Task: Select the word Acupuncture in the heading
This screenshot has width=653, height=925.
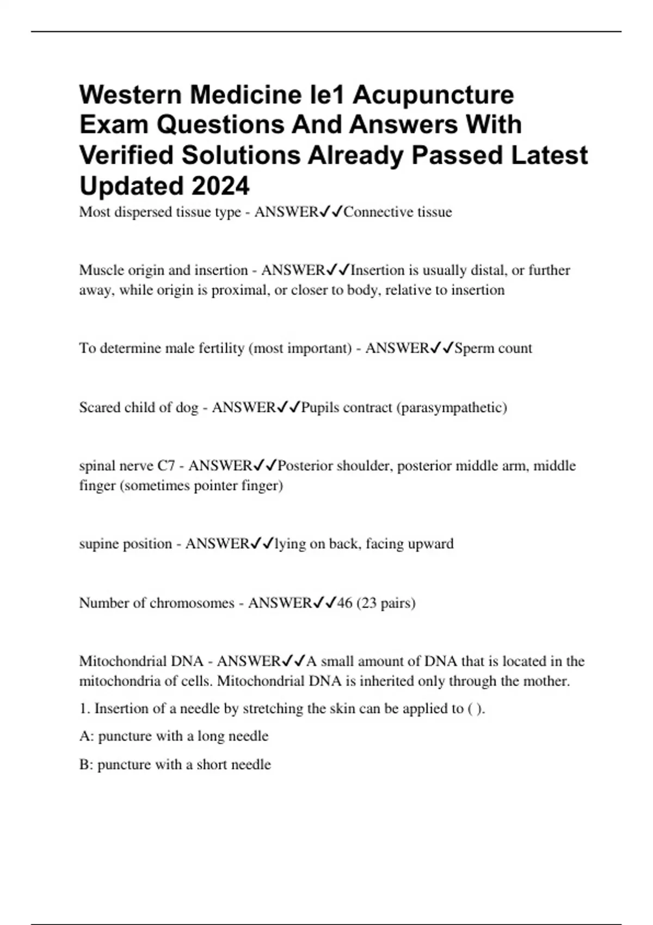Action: point(433,95)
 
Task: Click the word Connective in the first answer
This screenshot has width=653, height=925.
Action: point(378,212)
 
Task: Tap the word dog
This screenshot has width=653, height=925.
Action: point(187,408)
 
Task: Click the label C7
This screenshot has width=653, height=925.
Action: point(166,466)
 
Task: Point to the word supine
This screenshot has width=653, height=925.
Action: point(98,544)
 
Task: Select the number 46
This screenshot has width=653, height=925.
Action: point(344,603)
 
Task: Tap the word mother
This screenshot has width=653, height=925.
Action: point(548,681)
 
